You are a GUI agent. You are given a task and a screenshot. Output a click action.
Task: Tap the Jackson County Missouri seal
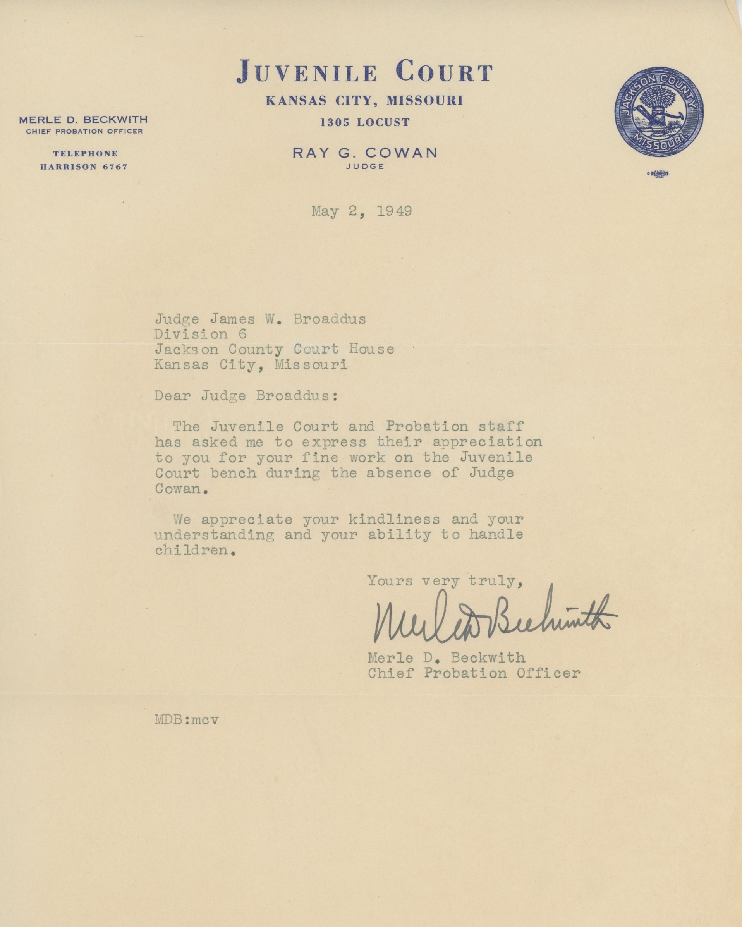point(659,112)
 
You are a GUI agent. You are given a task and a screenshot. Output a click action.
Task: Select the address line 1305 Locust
point(364,122)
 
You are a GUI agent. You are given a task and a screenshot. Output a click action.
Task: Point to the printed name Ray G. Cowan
point(364,153)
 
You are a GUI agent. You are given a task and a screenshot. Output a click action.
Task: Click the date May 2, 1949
point(362,211)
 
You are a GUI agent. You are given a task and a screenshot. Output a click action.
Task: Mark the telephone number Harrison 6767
point(84,167)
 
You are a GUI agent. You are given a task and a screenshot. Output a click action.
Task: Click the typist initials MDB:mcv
point(187,720)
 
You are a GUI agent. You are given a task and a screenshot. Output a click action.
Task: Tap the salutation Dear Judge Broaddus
point(246,396)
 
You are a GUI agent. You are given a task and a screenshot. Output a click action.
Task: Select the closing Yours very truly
point(445,581)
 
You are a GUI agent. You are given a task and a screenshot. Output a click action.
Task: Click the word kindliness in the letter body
point(394,519)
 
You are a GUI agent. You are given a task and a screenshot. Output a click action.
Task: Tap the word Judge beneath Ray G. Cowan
point(364,167)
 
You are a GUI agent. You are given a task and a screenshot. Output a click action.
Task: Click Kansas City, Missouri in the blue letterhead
point(364,101)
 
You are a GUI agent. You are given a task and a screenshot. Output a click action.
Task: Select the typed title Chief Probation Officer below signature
point(474,673)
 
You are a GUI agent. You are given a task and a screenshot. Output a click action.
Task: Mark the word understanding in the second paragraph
point(214,535)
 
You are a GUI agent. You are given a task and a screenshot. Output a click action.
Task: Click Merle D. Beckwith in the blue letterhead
point(83,120)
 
